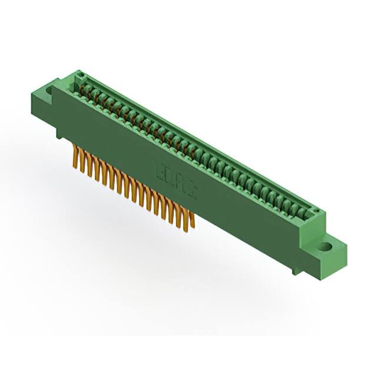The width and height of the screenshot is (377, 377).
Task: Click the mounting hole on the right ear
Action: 323,247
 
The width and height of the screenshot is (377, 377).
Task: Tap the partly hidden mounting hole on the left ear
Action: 49,90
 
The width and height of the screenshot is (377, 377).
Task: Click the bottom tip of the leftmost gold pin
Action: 75,170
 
